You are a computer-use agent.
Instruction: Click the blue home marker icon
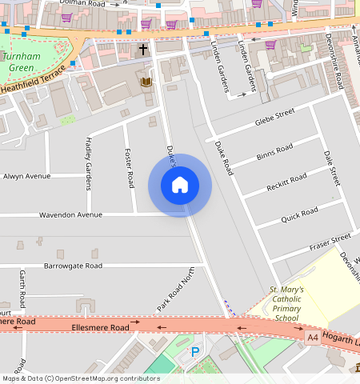(x=180, y=185)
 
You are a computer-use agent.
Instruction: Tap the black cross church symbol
(x=143, y=50)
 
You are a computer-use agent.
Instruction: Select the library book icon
(x=146, y=81)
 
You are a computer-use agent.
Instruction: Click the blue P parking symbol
(x=194, y=352)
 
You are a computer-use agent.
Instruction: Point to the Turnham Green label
(x=21, y=63)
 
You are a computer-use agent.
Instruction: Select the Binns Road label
(x=276, y=150)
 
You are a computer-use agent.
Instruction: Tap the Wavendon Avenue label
(x=71, y=214)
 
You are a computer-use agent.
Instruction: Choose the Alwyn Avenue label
(x=26, y=176)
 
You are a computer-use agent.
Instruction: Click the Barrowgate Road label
(x=73, y=265)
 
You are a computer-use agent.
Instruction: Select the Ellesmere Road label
(x=100, y=327)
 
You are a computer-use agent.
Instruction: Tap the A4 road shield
(x=313, y=338)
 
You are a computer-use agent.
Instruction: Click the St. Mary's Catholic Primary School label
(x=286, y=303)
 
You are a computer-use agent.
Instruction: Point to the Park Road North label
(x=177, y=290)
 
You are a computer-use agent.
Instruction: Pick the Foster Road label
(x=129, y=169)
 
